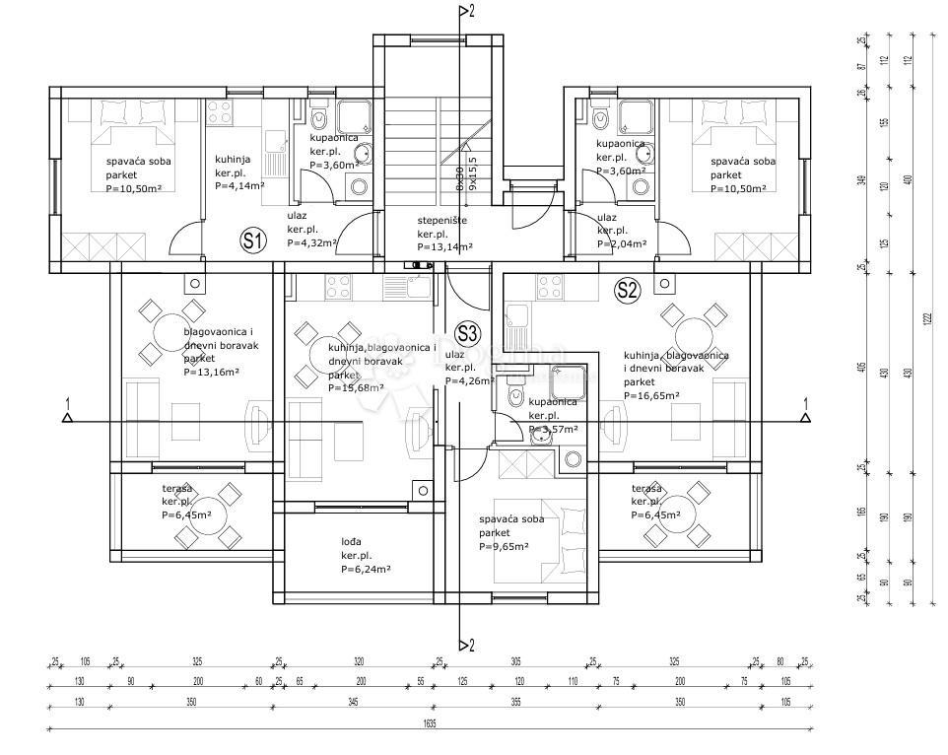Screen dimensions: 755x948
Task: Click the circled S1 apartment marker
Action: (x=253, y=240)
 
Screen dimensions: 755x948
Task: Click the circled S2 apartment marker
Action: (x=628, y=289)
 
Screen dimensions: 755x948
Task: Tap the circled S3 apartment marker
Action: (x=467, y=333)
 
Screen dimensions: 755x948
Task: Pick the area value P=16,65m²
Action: (x=651, y=395)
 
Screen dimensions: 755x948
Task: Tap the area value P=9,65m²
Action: (x=504, y=546)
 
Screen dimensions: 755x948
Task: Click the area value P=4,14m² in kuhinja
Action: (x=241, y=184)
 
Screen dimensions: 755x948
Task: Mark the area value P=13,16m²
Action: (x=213, y=373)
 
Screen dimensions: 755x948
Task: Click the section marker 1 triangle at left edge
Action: (x=67, y=416)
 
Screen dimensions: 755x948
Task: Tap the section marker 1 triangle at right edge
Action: (x=806, y=416)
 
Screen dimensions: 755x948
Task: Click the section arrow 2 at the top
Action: (x=463, y=12)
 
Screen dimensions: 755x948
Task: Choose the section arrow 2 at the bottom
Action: (x=463, y=645)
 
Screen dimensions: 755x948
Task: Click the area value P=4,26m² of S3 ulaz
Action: (x=471, y=380)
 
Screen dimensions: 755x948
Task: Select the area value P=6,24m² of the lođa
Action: (x=366, y=569)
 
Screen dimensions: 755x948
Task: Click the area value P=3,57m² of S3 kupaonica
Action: (x=555, y=429)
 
